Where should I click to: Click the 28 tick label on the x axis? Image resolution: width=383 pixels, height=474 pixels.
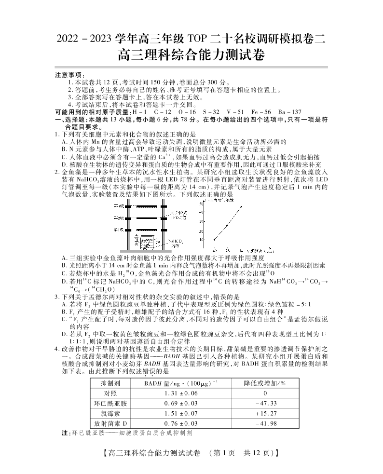[227, 250]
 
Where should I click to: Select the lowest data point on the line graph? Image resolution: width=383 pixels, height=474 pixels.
[214, 239]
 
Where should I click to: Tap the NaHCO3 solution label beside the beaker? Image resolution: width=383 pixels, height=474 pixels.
[174, 243]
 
